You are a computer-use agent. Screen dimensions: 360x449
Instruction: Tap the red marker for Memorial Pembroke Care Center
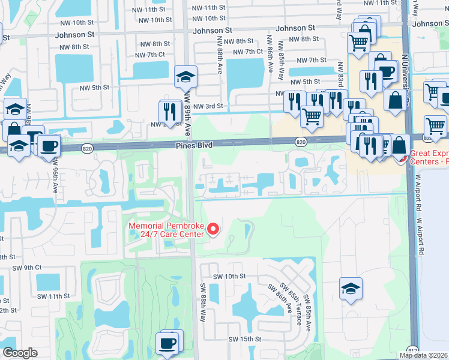pos(212,229)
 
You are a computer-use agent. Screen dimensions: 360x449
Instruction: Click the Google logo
pos(20,353)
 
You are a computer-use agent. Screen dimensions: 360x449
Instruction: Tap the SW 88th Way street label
pos(203,302)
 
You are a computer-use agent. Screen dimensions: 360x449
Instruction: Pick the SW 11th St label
pos(51,296)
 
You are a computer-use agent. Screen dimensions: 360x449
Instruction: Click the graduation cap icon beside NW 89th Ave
pos(185,77)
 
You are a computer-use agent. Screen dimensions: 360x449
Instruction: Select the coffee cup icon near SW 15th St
pos(167,343)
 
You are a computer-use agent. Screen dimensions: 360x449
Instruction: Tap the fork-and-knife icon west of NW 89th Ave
pos(170,110)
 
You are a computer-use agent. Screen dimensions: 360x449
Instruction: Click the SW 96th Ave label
pos(56,175)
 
